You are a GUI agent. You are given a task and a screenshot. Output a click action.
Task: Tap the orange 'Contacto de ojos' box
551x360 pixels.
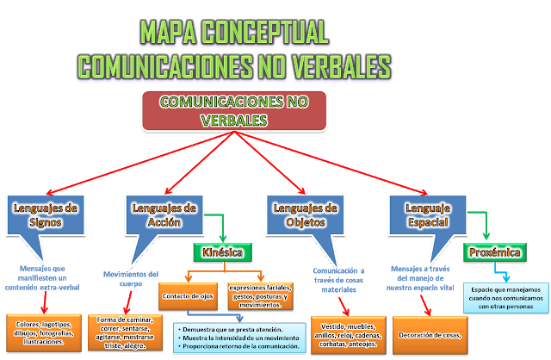189,296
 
